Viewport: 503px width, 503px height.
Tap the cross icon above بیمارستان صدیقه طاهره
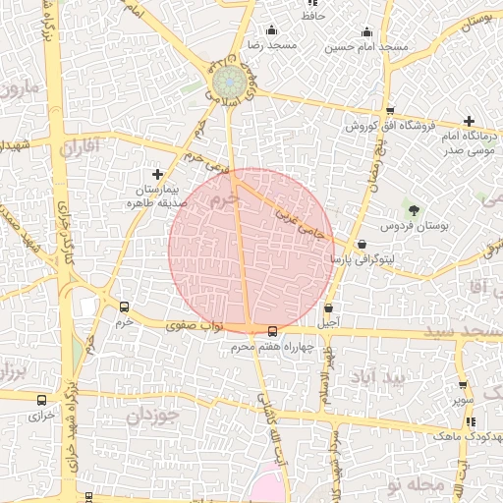click(x=156, y=174)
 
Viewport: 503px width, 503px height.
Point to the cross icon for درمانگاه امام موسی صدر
click(x=469, y=120)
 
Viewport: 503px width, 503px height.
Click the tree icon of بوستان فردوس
click(x=414, y=209)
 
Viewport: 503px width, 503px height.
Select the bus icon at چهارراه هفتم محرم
click(x=272, y=331)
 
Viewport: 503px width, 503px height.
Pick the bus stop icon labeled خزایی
click(x=41, y=400)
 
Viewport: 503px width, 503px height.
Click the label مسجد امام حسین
click(x=367, y=47)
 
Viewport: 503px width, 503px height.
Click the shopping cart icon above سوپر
click(x=462, y=385)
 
